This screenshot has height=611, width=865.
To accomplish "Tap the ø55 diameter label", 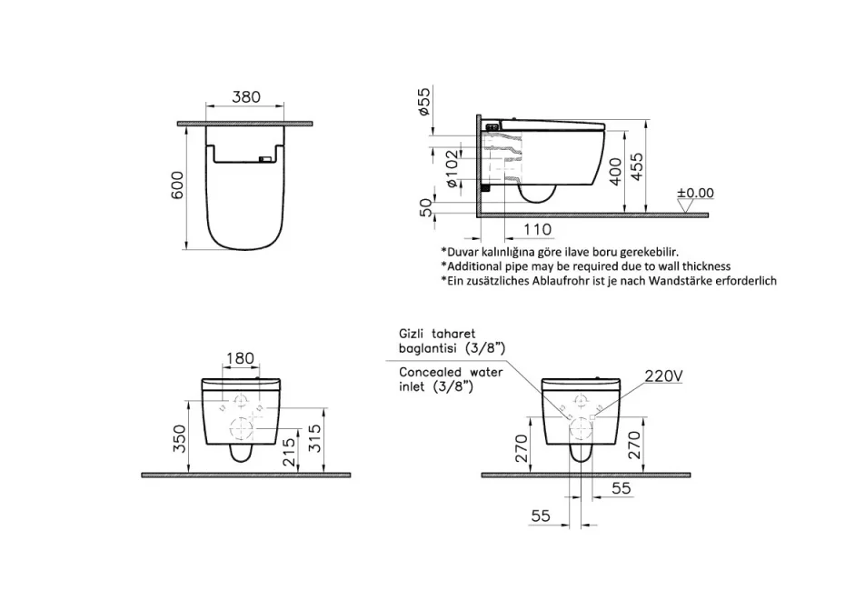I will (x=424, y=101).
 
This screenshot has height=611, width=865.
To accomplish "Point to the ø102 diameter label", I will (x=451, y=171).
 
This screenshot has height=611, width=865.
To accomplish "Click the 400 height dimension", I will (x=616, y=169).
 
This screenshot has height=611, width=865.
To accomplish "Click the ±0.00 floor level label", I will (x=696, y=193).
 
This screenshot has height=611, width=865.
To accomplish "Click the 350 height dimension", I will (x=180, y=443).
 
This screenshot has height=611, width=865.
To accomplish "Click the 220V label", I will (x=663, y=375).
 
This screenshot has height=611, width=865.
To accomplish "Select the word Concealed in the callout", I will (x=431, y=372).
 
